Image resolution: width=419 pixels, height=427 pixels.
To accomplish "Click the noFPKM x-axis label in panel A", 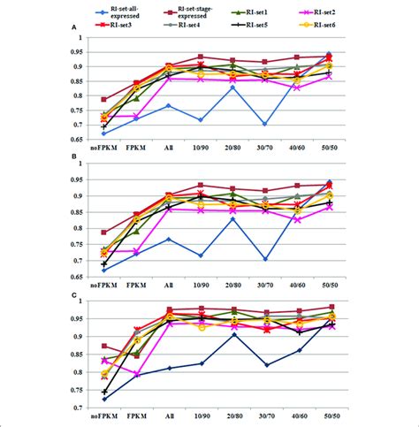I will [x=104, y=149].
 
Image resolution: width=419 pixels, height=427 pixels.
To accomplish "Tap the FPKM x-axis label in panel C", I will [x=136, y=414].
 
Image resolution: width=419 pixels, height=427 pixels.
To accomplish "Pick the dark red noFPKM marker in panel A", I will [x=104, y=99].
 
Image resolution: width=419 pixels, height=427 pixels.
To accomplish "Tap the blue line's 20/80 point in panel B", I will [x=232, y=218].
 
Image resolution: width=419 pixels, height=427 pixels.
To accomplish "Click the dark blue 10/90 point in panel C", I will [x=201, y=363].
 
